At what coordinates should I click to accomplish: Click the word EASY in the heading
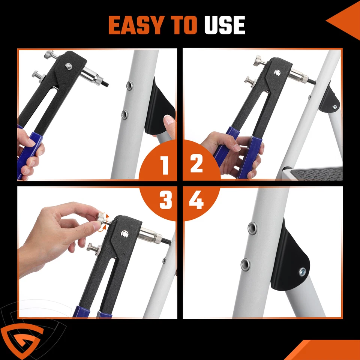click(x=136, y=25)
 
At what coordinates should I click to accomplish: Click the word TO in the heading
click(x=182, y=25)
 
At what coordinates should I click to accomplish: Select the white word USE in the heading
click(x=225, y=25)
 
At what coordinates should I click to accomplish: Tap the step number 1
click(x=164, y=165)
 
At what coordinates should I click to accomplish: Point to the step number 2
click(x=196, y=163)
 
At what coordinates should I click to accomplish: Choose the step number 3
click(x=165, y=200)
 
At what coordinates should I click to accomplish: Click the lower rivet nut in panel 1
click(x=124, y=115)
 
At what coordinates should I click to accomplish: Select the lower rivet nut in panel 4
click(x=246, y=265)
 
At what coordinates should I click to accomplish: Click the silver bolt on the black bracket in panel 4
click(x=303, y=272)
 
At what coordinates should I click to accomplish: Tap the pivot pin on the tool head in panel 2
click(x=277, y=73)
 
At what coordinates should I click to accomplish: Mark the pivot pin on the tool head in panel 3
click(x=124, y=234)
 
